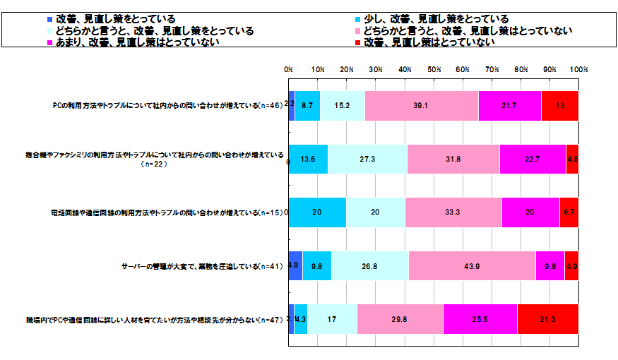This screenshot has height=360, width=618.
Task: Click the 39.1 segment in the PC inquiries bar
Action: pyautogui.click(x=422, y=106)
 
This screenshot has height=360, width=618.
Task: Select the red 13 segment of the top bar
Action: pyautogui.click(x=560, y=106)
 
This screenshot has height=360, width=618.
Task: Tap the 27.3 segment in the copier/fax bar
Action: pyautogui.click(x=367, y=159)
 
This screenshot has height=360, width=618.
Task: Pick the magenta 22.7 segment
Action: pyautogui.click(x=533, y=159)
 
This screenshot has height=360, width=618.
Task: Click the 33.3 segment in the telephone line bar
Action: pyautogui.click(x=453, y=212)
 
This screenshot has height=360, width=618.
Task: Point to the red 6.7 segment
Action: pyautogui.click(x=569, y=212)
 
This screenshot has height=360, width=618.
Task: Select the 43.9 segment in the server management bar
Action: pyautogui.click(x=472, y=265)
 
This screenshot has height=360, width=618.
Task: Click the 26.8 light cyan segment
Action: pyautogui.click(x=370, y=265)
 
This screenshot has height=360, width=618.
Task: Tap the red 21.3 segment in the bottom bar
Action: pyautogui.click(x=548, y=319)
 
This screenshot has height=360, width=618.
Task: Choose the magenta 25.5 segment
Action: pyautogui.click(x=480, y=319)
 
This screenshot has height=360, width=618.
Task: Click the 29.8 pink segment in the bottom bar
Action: pyautogui.click(x=400, y=319)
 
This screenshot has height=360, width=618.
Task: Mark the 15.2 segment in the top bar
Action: pyautogui.click(x=343, y=106)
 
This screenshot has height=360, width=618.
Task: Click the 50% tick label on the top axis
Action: pyautogui.click(x=434, y=69)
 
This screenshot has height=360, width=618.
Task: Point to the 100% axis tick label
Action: pyautogui.click(x=578, y=69)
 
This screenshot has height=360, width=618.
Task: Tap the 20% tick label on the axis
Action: pyautogui.click(x=347, y=69)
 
